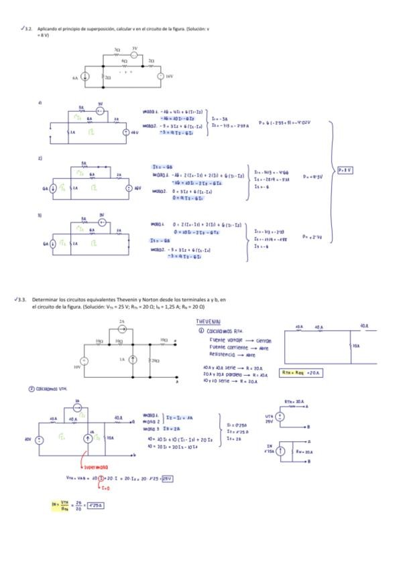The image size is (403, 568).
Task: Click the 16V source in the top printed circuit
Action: (x=160, y=76)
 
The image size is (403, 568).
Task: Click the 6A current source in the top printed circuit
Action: (x=87, y=77)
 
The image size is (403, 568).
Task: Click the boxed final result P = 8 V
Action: (x=346, y=170)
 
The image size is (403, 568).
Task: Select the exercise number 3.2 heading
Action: (x=29, y=29)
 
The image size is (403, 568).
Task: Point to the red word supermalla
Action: (x=99, y=467)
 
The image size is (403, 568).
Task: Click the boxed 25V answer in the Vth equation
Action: (x=167, y=478)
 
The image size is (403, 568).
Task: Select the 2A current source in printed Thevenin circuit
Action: (x=121, y=329)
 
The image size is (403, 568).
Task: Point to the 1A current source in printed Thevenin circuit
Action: (x=131, y=360)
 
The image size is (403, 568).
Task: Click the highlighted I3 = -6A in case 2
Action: (x=162, y=167)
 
